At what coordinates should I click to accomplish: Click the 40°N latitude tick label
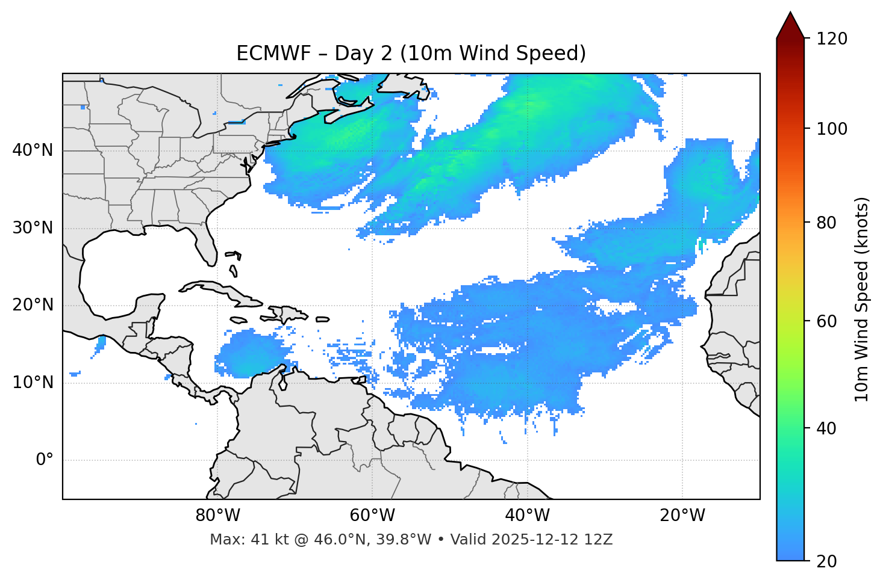[33, 150]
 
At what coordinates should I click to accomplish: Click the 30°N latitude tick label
[33, 228]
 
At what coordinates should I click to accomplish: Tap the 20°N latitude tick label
[33, 305]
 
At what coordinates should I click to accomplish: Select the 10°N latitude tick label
[33, 383]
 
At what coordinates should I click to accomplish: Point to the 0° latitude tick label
[44, 460]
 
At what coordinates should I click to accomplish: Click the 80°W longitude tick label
[217, 516]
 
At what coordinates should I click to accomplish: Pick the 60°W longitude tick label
[372, 516]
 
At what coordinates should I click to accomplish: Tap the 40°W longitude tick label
[527, 516]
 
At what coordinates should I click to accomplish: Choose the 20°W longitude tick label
[682, 516]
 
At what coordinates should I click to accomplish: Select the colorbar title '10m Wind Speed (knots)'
[862, 299]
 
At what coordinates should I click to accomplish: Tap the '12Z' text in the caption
[599, 540]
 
